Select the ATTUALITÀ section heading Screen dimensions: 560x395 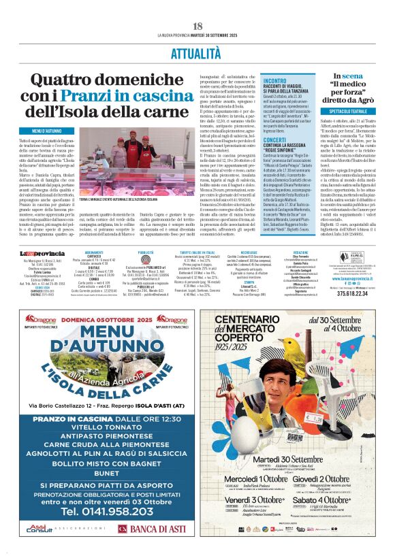(197, 52)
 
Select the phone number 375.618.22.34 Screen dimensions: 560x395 (357, 295)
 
